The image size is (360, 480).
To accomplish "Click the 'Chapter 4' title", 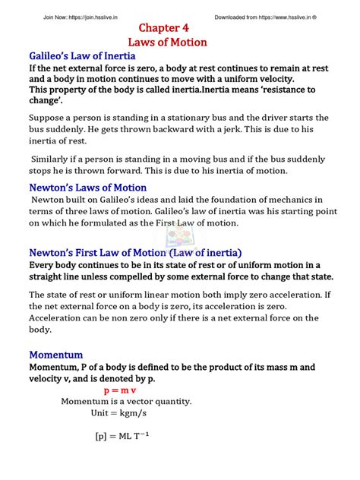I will click(x=180, y=29).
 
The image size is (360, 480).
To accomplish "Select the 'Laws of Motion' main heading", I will click(x=180, y=43).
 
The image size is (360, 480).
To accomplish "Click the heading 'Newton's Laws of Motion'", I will click(x=87, y=188).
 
